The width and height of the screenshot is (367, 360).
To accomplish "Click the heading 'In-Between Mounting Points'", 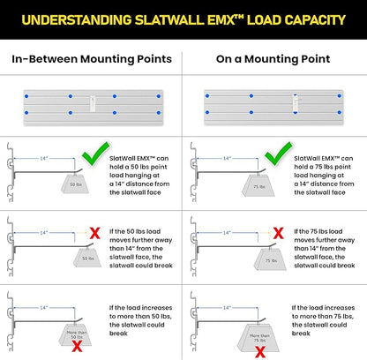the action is [x=92, y=59].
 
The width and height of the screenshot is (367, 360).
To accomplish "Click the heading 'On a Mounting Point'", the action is [x=273, y=59].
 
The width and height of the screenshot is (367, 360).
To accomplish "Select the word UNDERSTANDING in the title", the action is [x=77, y=20].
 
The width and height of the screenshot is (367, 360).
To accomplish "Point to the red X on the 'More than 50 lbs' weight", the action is [x=77, y=347].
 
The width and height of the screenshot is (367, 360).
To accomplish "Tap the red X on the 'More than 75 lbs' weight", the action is [x=260, y=352].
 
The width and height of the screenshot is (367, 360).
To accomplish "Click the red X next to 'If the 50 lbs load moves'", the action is [x=95, y=233].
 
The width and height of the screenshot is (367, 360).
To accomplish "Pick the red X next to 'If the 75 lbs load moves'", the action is [x=278, y=233].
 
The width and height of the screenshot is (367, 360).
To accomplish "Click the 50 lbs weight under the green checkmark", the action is [x=75, y=184].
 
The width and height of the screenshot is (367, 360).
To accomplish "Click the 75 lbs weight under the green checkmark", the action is [x=258, y=185].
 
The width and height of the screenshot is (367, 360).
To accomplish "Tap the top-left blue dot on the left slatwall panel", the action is [x=26, y=96].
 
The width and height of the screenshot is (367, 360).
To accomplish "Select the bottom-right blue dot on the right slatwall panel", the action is [x=340, y=112].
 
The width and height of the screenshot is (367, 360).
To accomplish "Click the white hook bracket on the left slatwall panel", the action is [x=93, y=104].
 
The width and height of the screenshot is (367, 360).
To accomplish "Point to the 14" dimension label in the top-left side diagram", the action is [x=44, y=158].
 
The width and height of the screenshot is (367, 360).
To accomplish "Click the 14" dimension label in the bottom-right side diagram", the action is [x=227, y=308].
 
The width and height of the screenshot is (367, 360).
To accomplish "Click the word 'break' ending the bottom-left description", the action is [x=118, y=334].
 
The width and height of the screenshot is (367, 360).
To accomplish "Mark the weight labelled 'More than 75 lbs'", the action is [x=258, y=338].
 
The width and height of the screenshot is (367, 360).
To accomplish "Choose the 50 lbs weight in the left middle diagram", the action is [x=87, y=258].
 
